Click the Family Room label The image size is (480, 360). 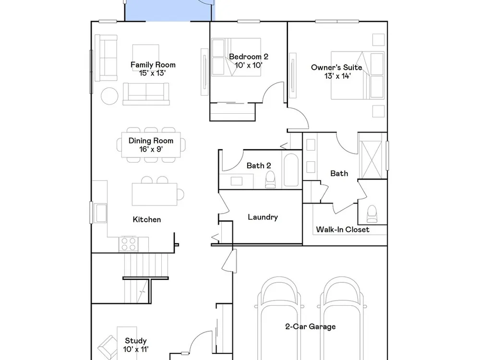(153, 65)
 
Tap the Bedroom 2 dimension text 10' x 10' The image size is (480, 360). (248, 65)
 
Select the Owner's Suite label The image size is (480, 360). (336, 67)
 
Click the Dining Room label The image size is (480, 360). (151, 141)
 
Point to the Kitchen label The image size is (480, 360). (146, 219)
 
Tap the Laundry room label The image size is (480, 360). (263, 217)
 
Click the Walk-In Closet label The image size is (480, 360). (343, 229)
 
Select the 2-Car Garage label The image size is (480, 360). (311, 326)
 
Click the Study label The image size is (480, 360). (136, 341)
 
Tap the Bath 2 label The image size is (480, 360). (259, 166)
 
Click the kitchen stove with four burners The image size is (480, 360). (129, 244)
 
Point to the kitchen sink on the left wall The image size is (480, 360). (100, 213)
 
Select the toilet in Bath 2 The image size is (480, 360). (270, 180)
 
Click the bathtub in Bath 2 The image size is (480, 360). (291, 169)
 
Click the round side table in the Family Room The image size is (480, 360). (109, 96)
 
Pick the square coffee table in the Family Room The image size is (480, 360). (146, 58)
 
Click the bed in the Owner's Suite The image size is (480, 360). (358, 75)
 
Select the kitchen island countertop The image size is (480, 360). (155, 194)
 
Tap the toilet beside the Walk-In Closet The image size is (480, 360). (372, 214)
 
